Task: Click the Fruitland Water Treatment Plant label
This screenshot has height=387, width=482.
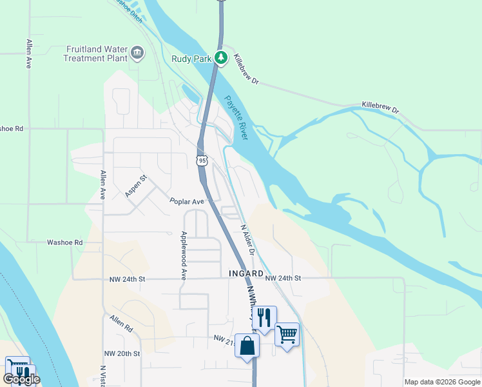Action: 96,54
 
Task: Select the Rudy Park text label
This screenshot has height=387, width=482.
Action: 191,59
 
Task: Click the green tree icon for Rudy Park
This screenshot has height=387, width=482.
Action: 221,58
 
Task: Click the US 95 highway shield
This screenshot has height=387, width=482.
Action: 203,160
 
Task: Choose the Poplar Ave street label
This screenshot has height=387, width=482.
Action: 187,201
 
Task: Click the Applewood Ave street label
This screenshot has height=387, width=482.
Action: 184,255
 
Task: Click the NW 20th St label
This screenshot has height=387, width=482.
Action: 122,353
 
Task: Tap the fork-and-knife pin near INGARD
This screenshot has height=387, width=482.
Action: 264,317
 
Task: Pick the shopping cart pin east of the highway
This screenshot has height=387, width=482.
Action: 287,335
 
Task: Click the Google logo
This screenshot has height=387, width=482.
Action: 22,379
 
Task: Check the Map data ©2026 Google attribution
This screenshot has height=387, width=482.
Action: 442,382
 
